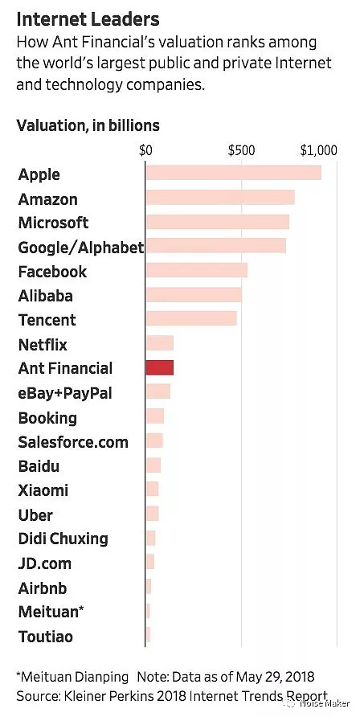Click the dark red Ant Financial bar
(x=159, y=367)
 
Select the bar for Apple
(x=234, y=174)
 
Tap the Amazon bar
(x=220, y=198)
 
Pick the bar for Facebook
(x=196, y=270)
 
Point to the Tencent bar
(x=191, y=319)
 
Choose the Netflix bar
(x=159, y=343)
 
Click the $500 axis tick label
(x=242, y=150)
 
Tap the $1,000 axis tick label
(x=319, y=150)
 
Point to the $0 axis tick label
(x=145, y=150)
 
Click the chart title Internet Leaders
(x=88, y=19)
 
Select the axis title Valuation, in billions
(x=88, y=125)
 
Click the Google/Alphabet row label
(x=81, y=248)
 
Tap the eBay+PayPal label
(x=65, y=393)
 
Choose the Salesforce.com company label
(x=73, y=442)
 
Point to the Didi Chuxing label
(x=63, y=539)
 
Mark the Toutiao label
(x=45, y=636)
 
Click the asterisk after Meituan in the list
(x=82, y=608)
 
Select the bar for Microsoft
(x=218, y=222)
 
